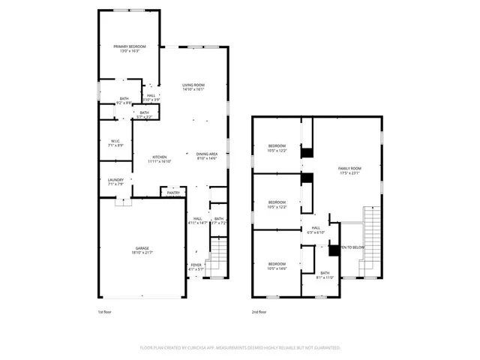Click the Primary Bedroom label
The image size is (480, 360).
pyautogui.click(x=130, y=49)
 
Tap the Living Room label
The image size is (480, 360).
pyautogui.click(x=193, y=87)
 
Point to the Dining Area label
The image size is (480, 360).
pyautogui.click(x=208, y=155)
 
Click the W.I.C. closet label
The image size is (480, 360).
pyautogui.click(x=116, y=142)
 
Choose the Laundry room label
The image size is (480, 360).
pyautogui.click(x=115, y=182)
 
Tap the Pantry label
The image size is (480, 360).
pyautogui.click(x=173, y=193)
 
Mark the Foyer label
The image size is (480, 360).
pyautogui.click(x=195, y=266)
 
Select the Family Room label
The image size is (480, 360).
pyautogui.click(x=349, y=170)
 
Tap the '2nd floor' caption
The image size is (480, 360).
pyautogui.click(x=259, y=311)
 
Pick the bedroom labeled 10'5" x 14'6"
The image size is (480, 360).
pyautogui.click(x=277, y=265)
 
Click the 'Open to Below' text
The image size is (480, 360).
pyautogui.click(x=352, y=247)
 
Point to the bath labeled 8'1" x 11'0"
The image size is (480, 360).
pyautogui.click(x=325, y=274)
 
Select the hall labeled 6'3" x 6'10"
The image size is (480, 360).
pyautogui.click(x=316, y=229)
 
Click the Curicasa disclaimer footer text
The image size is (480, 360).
pyautogui.click(x=240, y=348)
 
